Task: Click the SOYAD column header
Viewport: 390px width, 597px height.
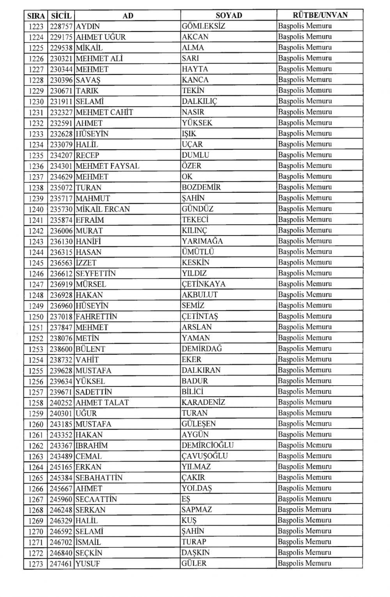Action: [x=229, y=16]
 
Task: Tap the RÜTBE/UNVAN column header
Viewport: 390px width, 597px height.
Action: [x=320, y=15]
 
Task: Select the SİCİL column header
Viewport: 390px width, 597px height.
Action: [x=61, y=16]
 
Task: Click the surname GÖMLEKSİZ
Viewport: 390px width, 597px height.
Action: [x=203, y=26]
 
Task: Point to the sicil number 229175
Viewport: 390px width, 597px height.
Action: [x=61, y=37]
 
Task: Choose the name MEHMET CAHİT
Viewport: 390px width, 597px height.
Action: [x=104, y=112]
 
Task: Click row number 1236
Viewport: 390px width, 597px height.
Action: [x=36, y=166]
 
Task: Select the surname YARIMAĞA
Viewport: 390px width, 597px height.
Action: [x=202, y=241]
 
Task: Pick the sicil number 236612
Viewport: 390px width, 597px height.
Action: [x=61, y=273]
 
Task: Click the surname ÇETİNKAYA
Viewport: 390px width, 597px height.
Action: [x=203, y=284]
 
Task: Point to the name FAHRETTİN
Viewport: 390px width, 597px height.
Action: [x=96, y=316]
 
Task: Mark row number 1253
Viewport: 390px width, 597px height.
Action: [x=36, y=349]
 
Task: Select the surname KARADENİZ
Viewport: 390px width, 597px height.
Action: [x=203, y=402]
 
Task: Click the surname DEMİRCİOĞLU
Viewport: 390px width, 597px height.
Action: [x=207, y=445]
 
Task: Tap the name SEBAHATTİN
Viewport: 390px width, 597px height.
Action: [x=99, y=478]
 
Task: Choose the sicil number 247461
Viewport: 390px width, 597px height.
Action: [x=61, y=563]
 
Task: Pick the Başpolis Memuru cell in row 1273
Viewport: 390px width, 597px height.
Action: [x=305, y=563]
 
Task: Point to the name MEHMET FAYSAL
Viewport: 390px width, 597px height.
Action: [x=107, y=166]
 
